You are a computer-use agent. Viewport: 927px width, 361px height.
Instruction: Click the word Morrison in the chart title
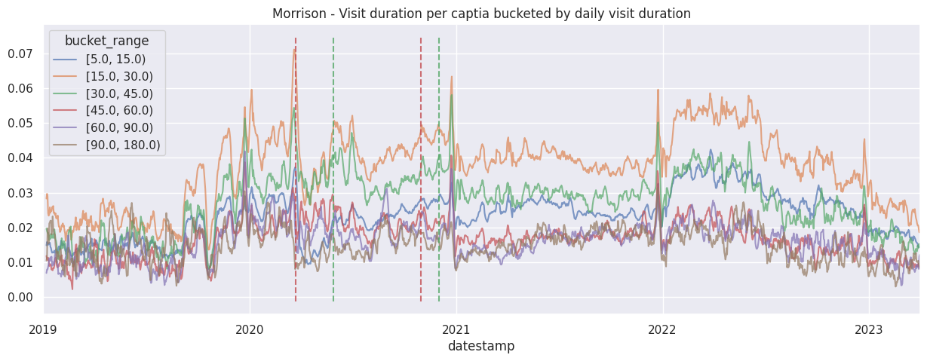click(x=296, y=14)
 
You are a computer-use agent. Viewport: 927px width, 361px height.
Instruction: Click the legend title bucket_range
click(x=106, y=40)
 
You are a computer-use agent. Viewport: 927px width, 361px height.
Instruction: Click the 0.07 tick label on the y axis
click(x=21, y=54)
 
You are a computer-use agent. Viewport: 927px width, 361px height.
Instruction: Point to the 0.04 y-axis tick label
click(x=21, y=158)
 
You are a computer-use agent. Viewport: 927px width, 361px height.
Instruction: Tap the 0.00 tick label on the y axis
click(x=21, y=298)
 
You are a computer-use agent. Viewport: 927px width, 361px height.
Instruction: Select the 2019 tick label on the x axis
click(x=44, y=329)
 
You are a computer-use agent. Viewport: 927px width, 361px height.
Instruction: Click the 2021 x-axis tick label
click(x=456, y=329)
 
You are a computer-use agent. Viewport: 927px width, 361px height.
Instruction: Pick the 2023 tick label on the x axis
click(x=869, y=329)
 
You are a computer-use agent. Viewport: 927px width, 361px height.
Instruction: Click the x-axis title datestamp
click(x=481, y=347)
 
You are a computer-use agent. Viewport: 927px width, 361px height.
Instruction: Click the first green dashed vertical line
click(x=333, y=226)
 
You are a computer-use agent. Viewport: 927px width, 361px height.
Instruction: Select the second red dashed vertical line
click(x=421, y=226)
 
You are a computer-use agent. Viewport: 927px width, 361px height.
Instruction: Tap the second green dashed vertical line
click(x=439, y=226)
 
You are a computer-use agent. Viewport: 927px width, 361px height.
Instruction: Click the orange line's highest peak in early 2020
click(x=294, y=48)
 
